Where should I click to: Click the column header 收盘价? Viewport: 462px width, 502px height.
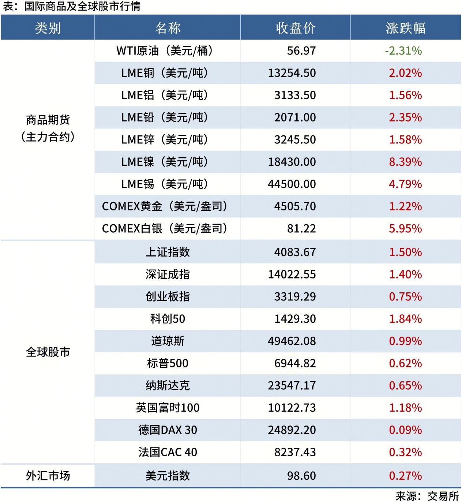point(295,28)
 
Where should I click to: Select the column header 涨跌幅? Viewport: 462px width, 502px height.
point(405,28)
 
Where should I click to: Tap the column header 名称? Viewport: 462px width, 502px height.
point(168,28)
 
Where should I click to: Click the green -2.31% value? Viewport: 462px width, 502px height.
point(403,50)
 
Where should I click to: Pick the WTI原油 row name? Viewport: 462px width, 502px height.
point(165,50)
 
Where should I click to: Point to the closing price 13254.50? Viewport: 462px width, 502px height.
point(292,73)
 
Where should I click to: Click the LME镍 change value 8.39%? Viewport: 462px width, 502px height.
point(405,162)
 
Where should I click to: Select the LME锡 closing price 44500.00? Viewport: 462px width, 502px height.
point(292,184)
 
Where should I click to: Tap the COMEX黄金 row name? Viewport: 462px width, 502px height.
point(165,206)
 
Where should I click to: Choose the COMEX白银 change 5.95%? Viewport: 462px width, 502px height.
point(405,229)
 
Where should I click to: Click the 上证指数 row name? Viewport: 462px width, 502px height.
point(168,252)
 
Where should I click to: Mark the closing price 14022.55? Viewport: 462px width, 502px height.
point(292,274)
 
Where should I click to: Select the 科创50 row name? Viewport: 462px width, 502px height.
point(168,319)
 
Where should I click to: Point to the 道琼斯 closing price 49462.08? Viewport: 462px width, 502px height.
point(292,341)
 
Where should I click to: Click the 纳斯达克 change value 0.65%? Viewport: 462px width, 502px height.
point(405,385)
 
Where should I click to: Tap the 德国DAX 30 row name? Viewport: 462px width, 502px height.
point(168,430)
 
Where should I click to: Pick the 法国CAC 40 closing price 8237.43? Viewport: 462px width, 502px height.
point(295,452)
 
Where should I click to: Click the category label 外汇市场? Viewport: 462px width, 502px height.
point(48,476)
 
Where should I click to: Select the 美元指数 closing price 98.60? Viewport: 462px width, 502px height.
point(301,476)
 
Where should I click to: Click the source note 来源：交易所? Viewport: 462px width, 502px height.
point(427,496)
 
